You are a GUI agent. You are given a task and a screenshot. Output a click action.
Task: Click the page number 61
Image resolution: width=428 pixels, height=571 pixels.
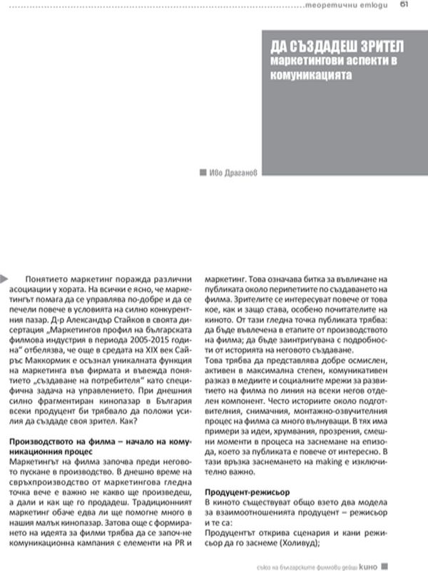(404, 6)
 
